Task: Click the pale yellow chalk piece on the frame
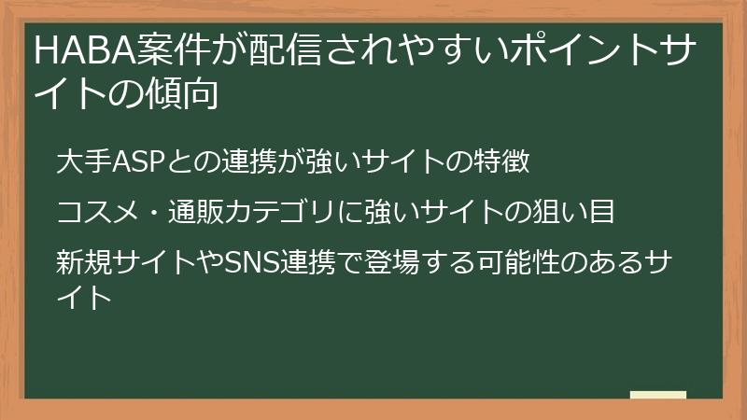click(657, 396)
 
